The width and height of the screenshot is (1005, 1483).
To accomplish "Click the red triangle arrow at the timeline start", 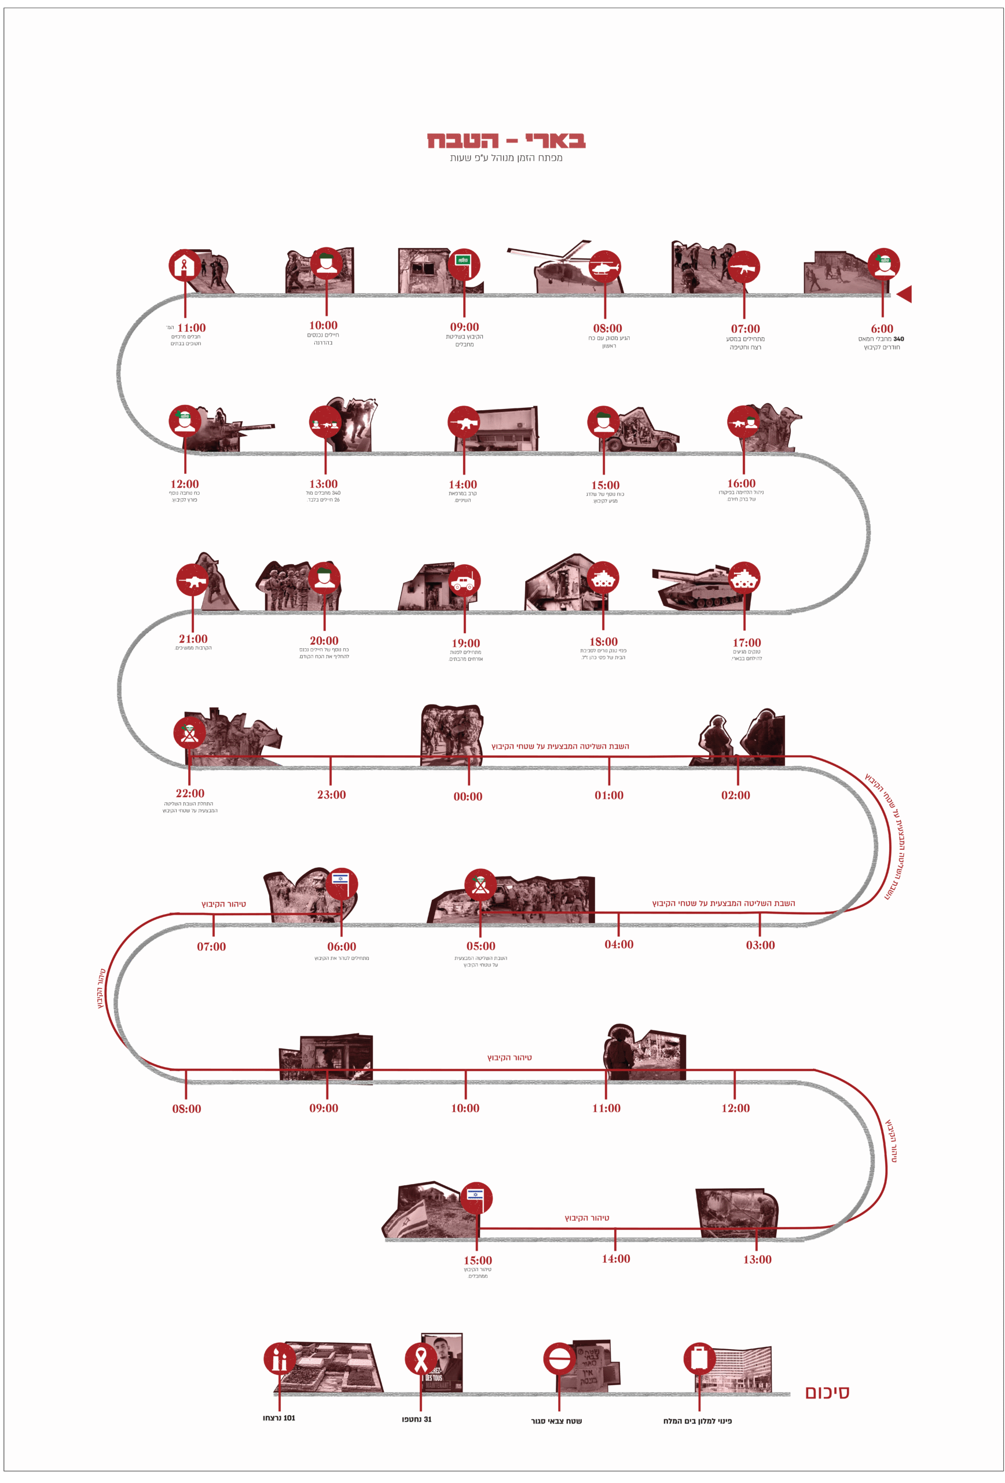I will [x=904, y=294].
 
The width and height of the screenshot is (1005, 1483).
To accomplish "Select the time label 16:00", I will [x=741, y=484].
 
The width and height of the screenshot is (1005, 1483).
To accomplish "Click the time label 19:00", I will [x=465, y=643].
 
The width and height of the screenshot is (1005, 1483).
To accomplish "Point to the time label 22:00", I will [x=190, y=793].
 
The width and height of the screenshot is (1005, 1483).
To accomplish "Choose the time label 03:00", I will [x=760, y=945].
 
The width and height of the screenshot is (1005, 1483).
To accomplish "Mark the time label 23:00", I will [x=332, y=794].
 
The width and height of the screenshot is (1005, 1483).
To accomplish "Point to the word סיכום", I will [x=827, y=1393].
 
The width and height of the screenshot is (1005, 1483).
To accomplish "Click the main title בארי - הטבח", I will [x=507, y=140].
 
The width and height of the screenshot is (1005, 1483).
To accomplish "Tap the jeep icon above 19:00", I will [x=464, y=582].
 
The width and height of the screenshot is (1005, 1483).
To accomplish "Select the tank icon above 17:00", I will [x=743, y=578].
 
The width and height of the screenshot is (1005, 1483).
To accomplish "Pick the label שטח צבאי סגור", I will [x=556, y=1421].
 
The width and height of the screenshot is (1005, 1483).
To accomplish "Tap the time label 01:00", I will [x=609, y=795].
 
